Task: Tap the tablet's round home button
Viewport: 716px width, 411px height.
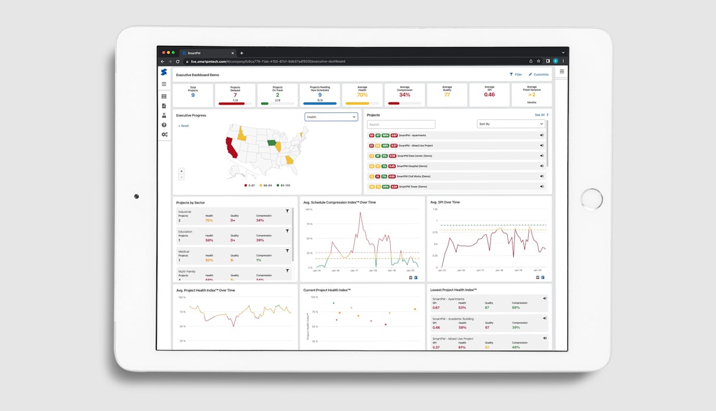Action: pyautogui.click(x=592, y=199)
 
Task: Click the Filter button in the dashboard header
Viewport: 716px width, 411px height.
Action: pyautogui.click(x=516, y=75)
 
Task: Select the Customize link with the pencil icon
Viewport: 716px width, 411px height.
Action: pyautogui.click(x=538, y=75)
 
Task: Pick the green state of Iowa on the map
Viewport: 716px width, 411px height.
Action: pyautogui.click(x=272, y=143)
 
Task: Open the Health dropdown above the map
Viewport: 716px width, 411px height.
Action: pyautogui.click(x=331, y=117)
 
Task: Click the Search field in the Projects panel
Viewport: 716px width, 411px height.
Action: pyautogui.click(x=401, y=125)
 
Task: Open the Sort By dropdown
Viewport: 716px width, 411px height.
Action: pyautogui.click(x=511, y=124)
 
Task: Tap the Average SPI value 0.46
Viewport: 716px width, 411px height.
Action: pyautogui.click(x=489, y=95)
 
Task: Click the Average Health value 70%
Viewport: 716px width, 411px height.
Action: pyautogui.click(x=362, y=95)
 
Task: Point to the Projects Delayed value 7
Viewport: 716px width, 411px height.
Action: pyautogui.click(x=235, y=95)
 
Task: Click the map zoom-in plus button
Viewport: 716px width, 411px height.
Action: pyautogui.click(x=181, y=171)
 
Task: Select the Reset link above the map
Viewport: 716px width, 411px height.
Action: pyautogui.click(x=184, y=126)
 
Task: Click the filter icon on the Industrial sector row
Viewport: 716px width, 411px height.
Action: pyautogui.click(x=287, y=211)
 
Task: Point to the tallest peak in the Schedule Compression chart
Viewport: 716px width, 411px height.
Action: pyautogui.click(x=360, y=213)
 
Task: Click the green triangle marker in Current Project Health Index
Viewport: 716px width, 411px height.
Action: pyautogui.click(x=334, y=303)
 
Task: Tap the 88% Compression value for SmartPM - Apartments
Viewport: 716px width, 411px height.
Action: pyautogui.click(x=516, y=308)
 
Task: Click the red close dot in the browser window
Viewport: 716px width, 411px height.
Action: pyautogui.click(x=163, y=52)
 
